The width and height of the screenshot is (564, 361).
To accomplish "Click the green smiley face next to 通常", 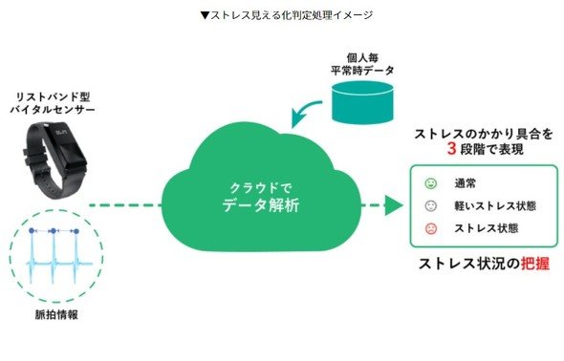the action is [x=430, y=183].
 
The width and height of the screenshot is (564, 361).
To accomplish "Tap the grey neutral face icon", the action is [x=430, y=206].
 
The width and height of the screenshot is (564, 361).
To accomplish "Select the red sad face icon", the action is [x=430, y=228].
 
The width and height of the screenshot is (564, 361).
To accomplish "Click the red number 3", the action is [x=452, y=149].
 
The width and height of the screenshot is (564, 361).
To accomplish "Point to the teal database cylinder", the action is [x=362, y=102].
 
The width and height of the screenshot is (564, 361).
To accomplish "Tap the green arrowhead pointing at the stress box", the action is [x=394, y=205].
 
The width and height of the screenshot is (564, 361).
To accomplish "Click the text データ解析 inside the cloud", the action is [x=261, y=205].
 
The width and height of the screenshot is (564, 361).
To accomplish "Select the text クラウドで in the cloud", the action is [x=261, y=188].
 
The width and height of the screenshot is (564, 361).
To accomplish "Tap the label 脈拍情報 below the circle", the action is [x=56, y=314].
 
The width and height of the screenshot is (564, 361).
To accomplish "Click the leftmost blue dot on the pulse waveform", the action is [x=32, y=230].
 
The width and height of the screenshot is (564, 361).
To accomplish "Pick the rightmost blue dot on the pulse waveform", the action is [x=76, y=230].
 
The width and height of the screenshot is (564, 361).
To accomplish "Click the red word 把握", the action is [x=535, y=264].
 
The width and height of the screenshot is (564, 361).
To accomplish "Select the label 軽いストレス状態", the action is [x=495, y=206].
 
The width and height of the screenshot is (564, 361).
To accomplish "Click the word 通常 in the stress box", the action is [x=466, y=183].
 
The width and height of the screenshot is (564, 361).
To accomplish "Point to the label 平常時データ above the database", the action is [x=362, y=71].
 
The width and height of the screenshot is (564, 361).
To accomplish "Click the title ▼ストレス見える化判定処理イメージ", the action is [x=287, y=15].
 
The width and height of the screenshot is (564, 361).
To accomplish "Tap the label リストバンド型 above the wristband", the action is [x=53, y=96].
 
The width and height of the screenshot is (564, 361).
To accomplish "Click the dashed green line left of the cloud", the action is [x=125, y=205].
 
